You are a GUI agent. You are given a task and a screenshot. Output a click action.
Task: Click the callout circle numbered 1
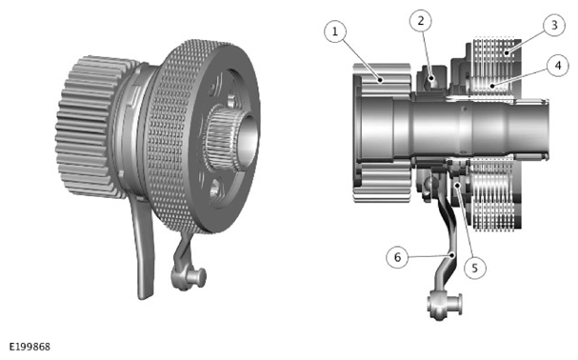coord(335,31)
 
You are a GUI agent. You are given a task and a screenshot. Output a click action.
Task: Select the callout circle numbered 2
coord(421,21)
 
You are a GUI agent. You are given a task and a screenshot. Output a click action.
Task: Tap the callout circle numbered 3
coord(554,25)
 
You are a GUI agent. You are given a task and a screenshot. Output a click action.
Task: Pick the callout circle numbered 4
coord(558,66)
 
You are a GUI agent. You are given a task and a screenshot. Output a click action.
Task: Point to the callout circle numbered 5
coord(474,268)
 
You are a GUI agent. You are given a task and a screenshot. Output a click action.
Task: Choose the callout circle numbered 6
coord(397,257)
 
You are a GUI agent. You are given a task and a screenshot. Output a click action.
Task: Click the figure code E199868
coord(30,347)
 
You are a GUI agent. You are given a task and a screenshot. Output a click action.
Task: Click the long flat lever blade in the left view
coord(143,247)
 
